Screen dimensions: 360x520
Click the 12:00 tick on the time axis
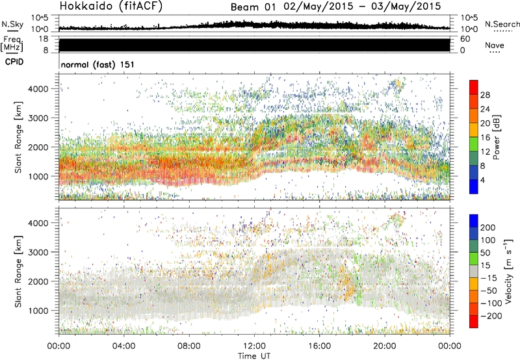coord(254,345)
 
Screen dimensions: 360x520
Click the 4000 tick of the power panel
coord(44,88)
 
